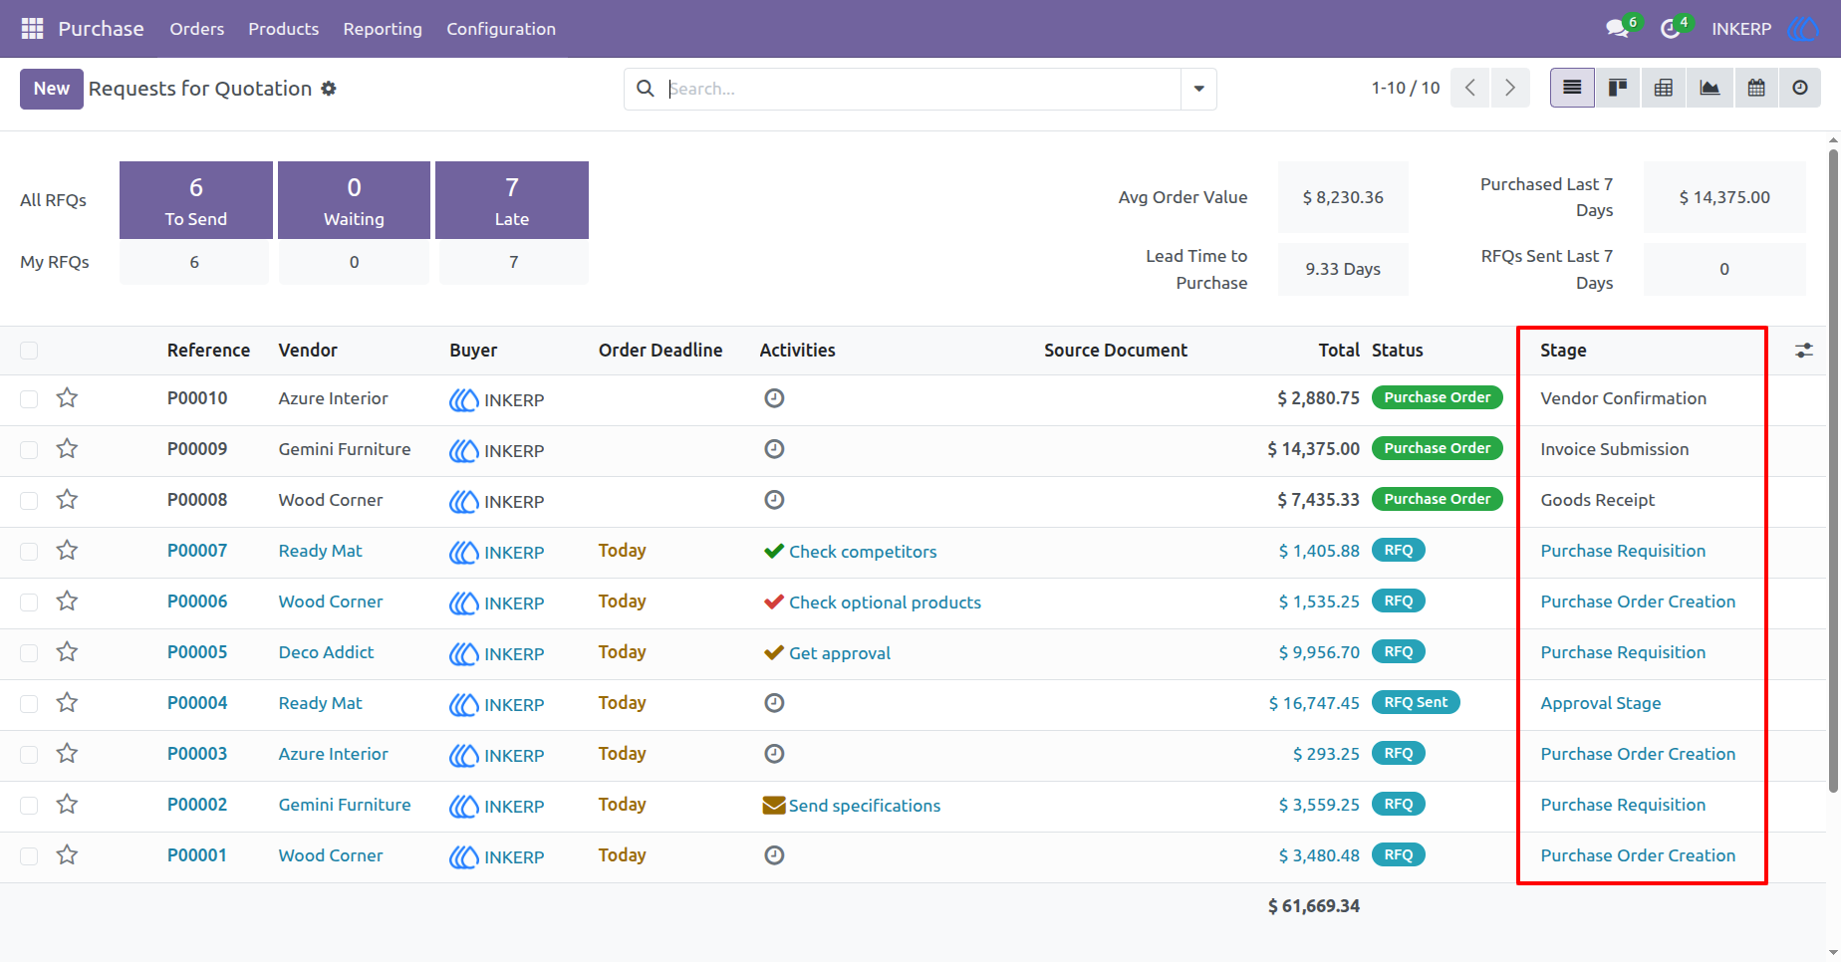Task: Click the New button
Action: [52, 89]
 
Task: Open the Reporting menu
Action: [383, 29]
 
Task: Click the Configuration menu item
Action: [501, 29]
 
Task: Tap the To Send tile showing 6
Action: [196, 200]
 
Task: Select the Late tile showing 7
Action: [512, 200]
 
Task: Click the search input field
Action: [921, 89]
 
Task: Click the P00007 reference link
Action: [197, 551]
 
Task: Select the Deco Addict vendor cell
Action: [326, 652]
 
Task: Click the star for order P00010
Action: [67, 398]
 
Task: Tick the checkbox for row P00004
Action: [29, 704]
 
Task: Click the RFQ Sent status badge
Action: [1416, 702]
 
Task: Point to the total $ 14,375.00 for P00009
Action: [1313, 449]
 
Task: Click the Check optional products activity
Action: [885, 602]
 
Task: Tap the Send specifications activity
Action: [864, 806]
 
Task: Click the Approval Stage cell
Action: [1600, 703]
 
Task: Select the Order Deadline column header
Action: [660, 351]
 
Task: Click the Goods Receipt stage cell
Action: [1597, 500]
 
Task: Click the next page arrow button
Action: [1510, 88]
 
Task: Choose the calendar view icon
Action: [1756, 88]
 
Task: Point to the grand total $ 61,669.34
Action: [1313, 906]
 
